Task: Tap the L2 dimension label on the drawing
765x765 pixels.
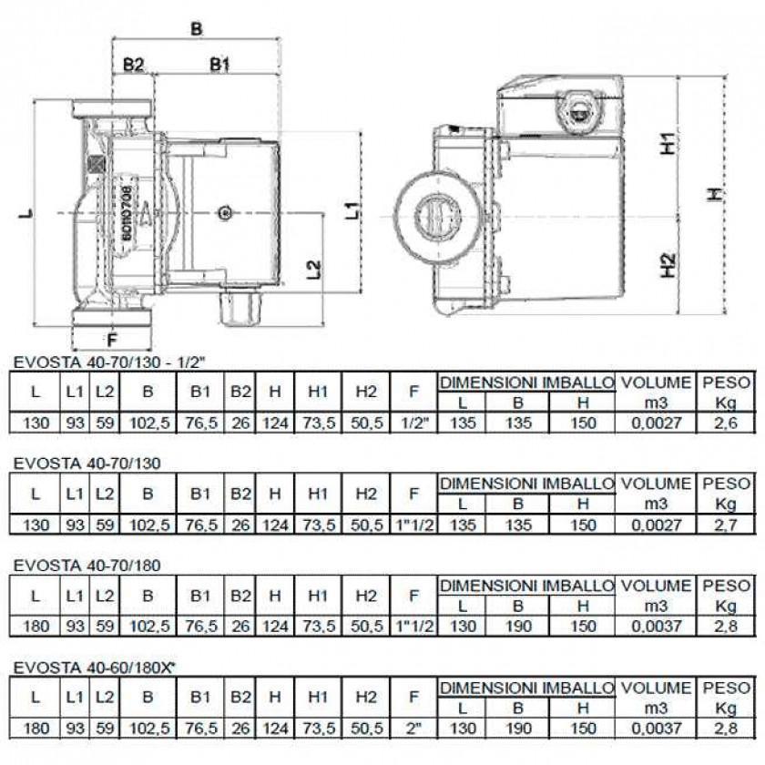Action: point(313,269)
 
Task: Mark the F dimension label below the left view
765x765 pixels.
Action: point(112,340)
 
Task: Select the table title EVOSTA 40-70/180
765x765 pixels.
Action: point(87,565)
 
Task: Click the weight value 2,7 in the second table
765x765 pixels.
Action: point(726,525)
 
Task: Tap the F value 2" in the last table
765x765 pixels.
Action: point(413,729)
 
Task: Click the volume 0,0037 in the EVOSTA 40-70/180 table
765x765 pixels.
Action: point(658,627)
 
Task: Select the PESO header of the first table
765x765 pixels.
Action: point(726,382)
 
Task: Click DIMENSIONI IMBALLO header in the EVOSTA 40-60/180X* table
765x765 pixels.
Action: point(526,688)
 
